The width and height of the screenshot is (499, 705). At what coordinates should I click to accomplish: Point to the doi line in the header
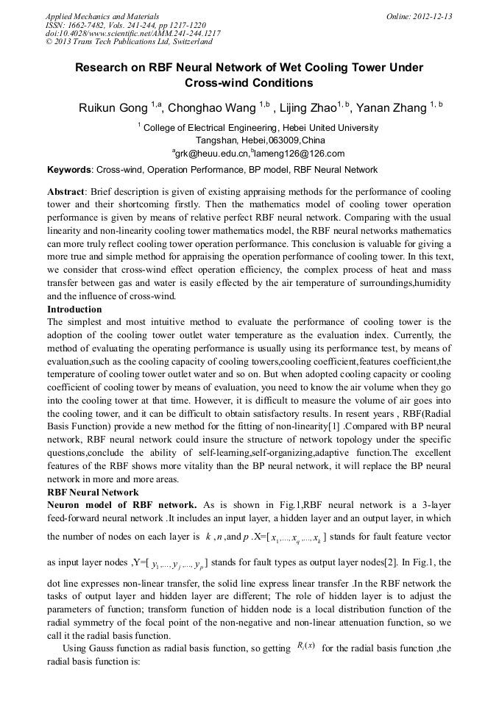point(133,34)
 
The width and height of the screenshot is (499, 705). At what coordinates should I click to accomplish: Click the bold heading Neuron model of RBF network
point(121,504)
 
